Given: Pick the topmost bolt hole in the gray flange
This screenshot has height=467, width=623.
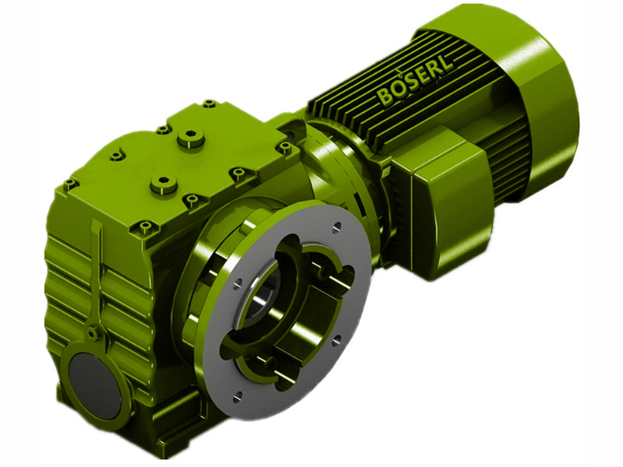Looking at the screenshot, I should click(x=336, y=226).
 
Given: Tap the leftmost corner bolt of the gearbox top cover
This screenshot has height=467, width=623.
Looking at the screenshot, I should click(x=69, y=184).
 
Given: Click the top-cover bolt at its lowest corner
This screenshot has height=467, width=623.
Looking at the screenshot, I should click(x=145, y=226).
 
